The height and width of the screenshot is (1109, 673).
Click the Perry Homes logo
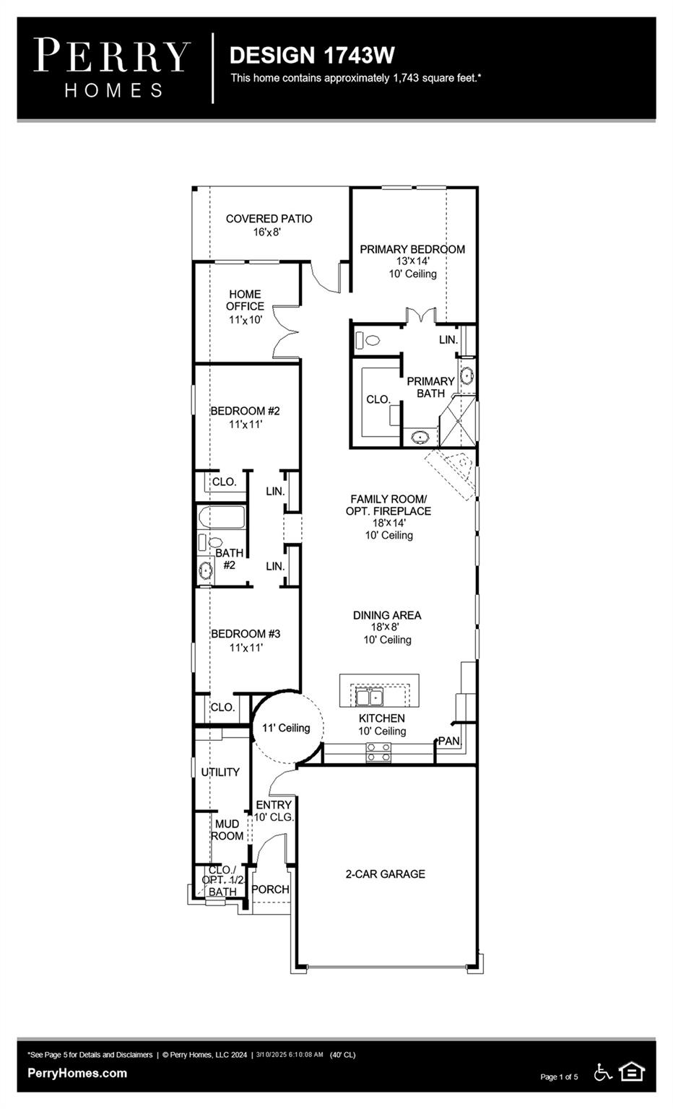[112, 68]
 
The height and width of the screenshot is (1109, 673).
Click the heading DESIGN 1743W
[312, 55]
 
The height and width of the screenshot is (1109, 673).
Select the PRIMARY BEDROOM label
[412, 249]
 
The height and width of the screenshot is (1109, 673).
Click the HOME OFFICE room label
[245, 300]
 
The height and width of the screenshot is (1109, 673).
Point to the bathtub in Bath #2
[222, 518]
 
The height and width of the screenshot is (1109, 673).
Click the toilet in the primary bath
[369, 340]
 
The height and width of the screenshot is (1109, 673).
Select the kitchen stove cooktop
[378, 752]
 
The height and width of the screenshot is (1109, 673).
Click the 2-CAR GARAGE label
[385, 874]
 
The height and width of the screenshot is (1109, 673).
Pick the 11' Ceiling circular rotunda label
[286, 728]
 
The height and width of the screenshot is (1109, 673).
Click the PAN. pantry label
[449, 741]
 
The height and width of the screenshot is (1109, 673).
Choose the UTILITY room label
[220, 772]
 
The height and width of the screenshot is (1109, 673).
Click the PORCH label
[270, 890]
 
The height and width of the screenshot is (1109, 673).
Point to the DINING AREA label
[387, 615]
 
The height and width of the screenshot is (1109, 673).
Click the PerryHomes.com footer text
[77, 1073]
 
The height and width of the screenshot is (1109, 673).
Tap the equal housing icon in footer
[632, 1072]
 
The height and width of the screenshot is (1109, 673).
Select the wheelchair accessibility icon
[603, 1073]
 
